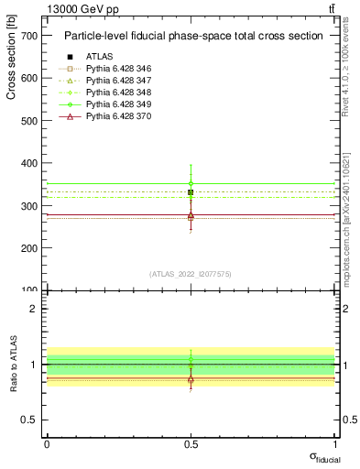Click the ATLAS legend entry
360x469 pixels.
99,56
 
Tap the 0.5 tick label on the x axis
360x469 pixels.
191,443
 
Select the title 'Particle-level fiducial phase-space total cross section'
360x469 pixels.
192,37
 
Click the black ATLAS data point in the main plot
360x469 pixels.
191,192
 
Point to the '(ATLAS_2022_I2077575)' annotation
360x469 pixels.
191,274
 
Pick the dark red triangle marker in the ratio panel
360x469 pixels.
191,378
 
